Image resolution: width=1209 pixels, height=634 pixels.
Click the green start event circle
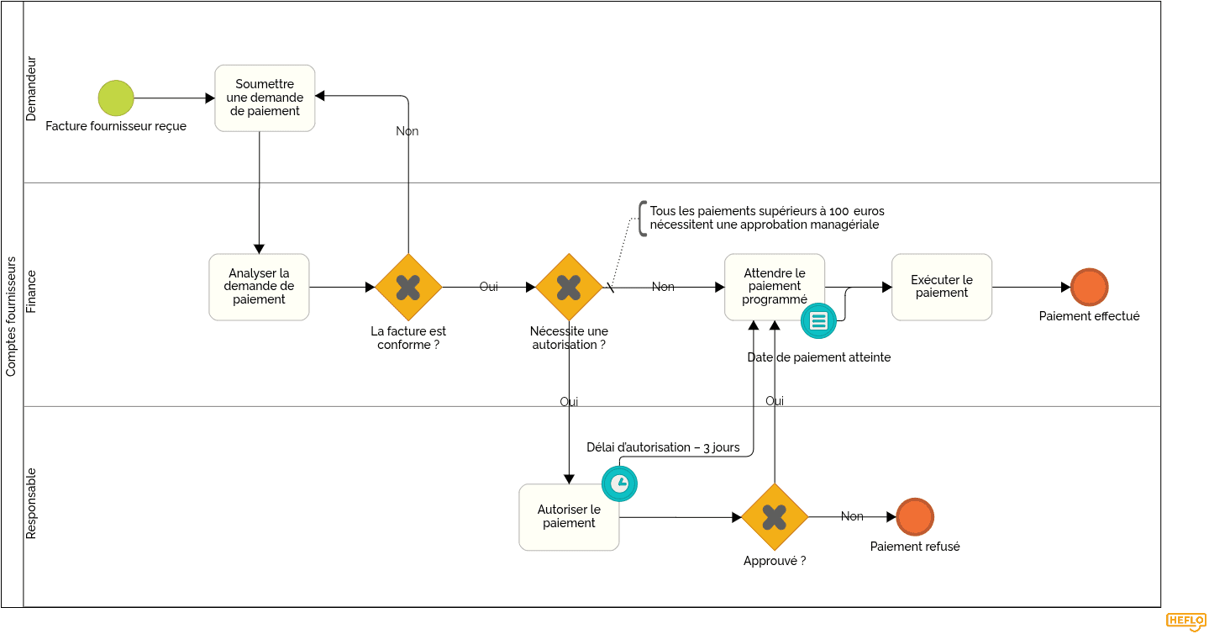point(116,98)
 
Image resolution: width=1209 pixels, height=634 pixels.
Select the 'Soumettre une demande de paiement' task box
point(265,98)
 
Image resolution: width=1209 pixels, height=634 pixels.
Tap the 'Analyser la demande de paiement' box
point(259,287)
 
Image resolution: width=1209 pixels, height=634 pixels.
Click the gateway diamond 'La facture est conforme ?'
point(408,288)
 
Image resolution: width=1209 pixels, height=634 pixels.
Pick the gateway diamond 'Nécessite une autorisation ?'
point(569,288)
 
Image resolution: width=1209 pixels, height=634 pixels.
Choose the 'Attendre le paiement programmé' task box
point(774,287)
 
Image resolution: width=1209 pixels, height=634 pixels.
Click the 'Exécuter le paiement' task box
point(942,287)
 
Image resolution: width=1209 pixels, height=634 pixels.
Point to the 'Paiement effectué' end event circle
point(1089,287)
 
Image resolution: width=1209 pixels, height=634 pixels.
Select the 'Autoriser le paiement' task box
point(569,517)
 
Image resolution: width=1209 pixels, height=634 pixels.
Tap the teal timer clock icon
point(619,483)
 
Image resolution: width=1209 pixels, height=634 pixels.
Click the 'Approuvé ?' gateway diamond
point(775,517)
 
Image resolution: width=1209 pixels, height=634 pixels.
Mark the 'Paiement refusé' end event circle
point(915,517)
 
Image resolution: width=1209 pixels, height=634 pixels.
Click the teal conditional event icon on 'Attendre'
point(818,320)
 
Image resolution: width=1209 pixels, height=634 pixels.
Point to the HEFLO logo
point(1185,621)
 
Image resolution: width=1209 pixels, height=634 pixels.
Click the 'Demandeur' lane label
point(32,89)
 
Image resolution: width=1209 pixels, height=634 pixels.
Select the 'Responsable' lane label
point(32,503)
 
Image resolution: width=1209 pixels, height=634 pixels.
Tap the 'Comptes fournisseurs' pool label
point(12,316)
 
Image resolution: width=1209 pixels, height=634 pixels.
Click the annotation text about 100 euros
point(766,218)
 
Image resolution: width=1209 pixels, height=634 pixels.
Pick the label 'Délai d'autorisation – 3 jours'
point(663,447)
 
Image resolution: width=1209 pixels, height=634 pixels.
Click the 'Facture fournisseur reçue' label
point(116,126)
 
